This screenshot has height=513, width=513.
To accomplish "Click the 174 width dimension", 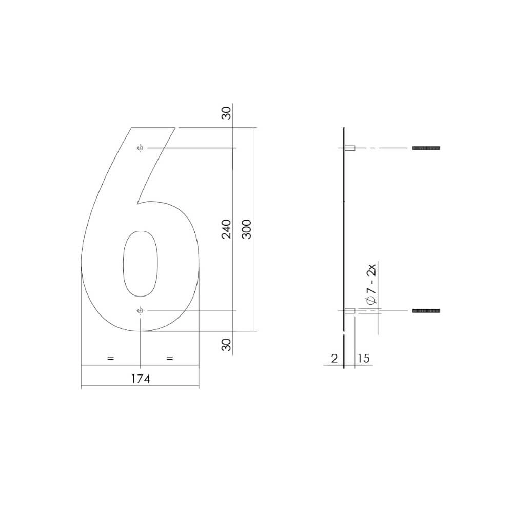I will click(x=140, y=379).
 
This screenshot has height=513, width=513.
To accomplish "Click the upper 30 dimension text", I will click(x=226, y=113).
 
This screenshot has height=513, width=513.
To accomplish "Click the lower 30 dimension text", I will click(x=226, y=345).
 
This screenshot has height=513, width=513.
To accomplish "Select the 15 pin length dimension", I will click(x=363, y=358).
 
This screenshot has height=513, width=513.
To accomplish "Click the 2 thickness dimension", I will click(x=334, y=358).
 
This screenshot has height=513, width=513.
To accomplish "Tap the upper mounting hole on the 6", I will click(x=140, y=148).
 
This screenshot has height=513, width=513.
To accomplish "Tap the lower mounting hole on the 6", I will click(x=140, y=311).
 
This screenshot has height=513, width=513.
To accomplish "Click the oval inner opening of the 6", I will click(x=140, y=264).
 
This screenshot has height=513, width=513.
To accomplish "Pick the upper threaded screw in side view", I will click(x=426, y=148).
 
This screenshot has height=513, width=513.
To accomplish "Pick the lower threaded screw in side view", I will click(x=426, y=311).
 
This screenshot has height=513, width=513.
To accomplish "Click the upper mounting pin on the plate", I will click(x=351, y=148).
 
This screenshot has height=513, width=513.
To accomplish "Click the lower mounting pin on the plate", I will click(x=351, y=311).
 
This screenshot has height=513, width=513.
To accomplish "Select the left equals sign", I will click(x=110, y=359).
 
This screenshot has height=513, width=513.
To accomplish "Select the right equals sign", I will click(x=170, y=359).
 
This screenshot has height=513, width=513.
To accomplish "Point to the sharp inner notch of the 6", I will click(x=137, y=204).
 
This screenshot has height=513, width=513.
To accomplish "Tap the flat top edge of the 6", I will click(x=154, y=128).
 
